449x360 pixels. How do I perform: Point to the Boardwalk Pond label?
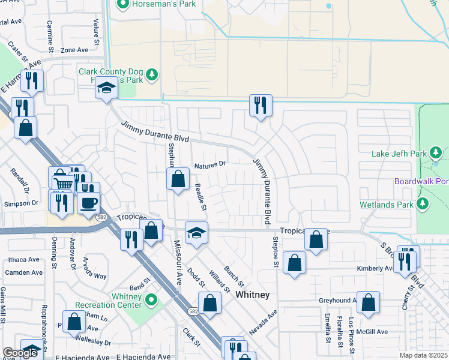point(421,181)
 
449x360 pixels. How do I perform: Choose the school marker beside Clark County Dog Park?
point(107,89)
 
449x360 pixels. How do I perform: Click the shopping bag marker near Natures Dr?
point(178,179)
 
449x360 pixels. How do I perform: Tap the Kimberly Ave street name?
point(375,268)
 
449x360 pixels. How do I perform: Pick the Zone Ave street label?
point(74,50)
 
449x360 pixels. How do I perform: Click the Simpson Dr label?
point(21,203)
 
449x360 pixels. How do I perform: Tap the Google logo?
point(20,353)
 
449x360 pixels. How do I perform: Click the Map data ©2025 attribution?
point(423,355)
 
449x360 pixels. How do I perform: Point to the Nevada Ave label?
point(264,322)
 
